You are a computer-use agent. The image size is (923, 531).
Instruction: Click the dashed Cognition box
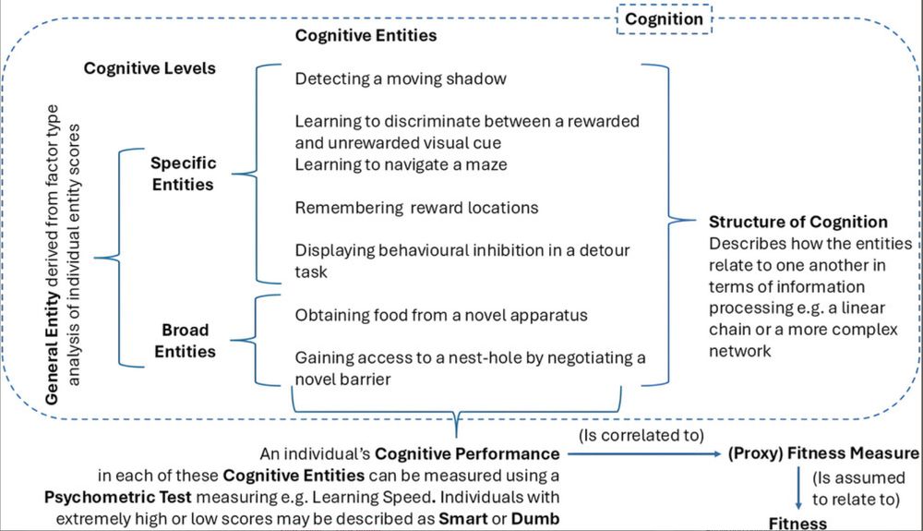(664, 18)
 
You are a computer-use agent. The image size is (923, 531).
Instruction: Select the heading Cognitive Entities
(366, 36)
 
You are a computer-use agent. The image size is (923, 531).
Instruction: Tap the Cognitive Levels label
(150, 68)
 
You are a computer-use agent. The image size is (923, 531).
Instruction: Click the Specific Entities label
(184, 173)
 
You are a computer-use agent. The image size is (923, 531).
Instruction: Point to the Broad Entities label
(185, 340)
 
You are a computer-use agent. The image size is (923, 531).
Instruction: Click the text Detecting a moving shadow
(401, 78)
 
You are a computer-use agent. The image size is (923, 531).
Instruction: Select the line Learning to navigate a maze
(389, 164)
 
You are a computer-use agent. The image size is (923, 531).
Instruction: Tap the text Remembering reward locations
(416, 207)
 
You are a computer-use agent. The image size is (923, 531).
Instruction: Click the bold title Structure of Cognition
(798, 222)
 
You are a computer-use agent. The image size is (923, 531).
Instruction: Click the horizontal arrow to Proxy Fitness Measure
(646, 454)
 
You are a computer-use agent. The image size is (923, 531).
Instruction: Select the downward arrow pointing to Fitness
(797, 487)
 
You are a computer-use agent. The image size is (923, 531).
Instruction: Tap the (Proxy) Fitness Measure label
(824, 454)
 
